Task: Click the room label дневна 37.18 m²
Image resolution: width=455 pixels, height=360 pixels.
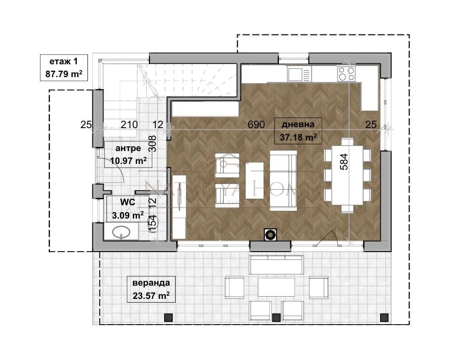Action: [x=298, y=131]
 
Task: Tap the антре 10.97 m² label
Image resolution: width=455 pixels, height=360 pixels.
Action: [x=128, y=154]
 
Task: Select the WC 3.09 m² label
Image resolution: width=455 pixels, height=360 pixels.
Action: [x=128, y=208]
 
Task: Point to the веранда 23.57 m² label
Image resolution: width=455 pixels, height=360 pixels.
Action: [x=151, y=289]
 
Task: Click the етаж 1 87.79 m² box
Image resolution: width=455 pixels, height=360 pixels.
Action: [x=64, y=67]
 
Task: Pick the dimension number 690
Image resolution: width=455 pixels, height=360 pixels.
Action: [x=256, y=124]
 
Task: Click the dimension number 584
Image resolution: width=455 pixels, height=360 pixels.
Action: [x=344, y=162]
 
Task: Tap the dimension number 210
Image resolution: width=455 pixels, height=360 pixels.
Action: [x=129, y=124]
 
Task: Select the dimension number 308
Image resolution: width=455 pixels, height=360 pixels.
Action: [x=152, y=144]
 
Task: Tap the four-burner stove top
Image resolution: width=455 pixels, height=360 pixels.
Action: [x=346, y=73]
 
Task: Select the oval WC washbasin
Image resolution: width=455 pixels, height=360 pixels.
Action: [x=121, y=232]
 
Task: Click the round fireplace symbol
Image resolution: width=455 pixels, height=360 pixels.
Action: [x=270, y=235]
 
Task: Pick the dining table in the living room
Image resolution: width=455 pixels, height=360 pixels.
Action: [x=347, y=175]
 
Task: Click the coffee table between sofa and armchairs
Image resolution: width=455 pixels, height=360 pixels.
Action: [x=255, y=180]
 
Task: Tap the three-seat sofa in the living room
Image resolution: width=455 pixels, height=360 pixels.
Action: [x=283, y=180]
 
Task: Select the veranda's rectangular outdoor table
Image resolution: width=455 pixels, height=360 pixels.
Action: [x=276, y=287]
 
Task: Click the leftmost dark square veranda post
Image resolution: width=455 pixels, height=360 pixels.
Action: [x=169, y=318]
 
